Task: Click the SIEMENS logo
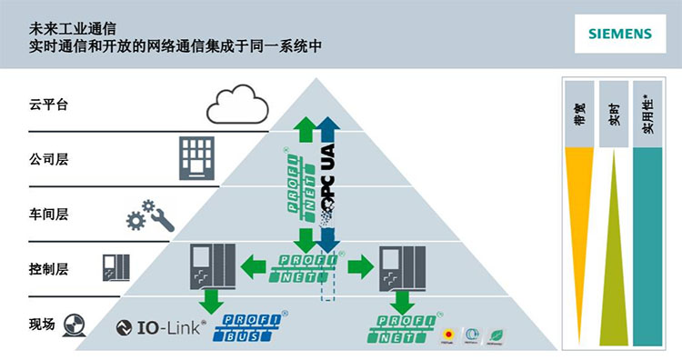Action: pyautogui.click(x=619, y=34)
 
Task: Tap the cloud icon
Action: pyautogui.click(x=237, y=105)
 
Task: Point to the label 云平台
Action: pyautogui.click(x=49, y=105)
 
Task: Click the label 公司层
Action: pyautogui.click(x=49, y=160)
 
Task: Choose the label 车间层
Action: pyautogui.click(x=49, y=215)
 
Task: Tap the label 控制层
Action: pyautogui.click(x=49, y=270)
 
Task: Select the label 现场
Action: pyautogui.click(x=43, y=324)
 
